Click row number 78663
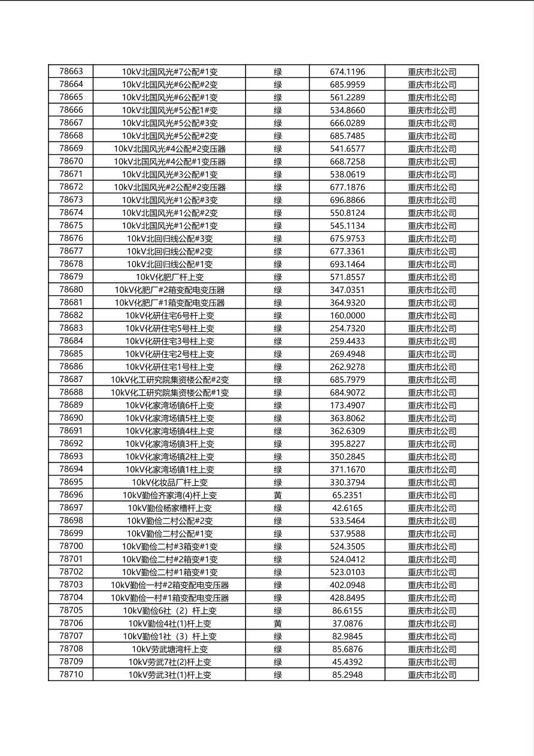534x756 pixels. click(x=71, y=71)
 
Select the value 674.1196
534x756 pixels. click(x=347, y=72)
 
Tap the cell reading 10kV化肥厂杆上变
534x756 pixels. click(x=169, y=277)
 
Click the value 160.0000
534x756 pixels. click(x=347, y=316)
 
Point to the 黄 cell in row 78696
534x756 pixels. click(x=278, y=495)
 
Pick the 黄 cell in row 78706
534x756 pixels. click(x=278, y=624)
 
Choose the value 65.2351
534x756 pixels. click(x=347, y=495)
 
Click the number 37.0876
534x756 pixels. click(x=347, y=624)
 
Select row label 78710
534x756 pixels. click(x=71, y=675)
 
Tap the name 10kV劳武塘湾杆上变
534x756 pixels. click(x=169, y=649)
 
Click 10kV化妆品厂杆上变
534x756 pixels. click(x=169, y=482)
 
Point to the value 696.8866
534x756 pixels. click(x=347, y=200)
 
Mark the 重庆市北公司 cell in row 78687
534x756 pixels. click(x=432, y=380)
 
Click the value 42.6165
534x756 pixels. click(x=347, y=508)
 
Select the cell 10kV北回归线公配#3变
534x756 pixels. click(x=169, y=238)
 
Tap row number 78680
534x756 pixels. click(x=71, y=290)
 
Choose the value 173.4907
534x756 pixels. click(x=347, y=406)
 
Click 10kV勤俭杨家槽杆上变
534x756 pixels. click(x=169, y=508)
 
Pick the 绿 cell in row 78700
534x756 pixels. click(x=278, y=546)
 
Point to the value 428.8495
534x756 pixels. click(x=347, y=598)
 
